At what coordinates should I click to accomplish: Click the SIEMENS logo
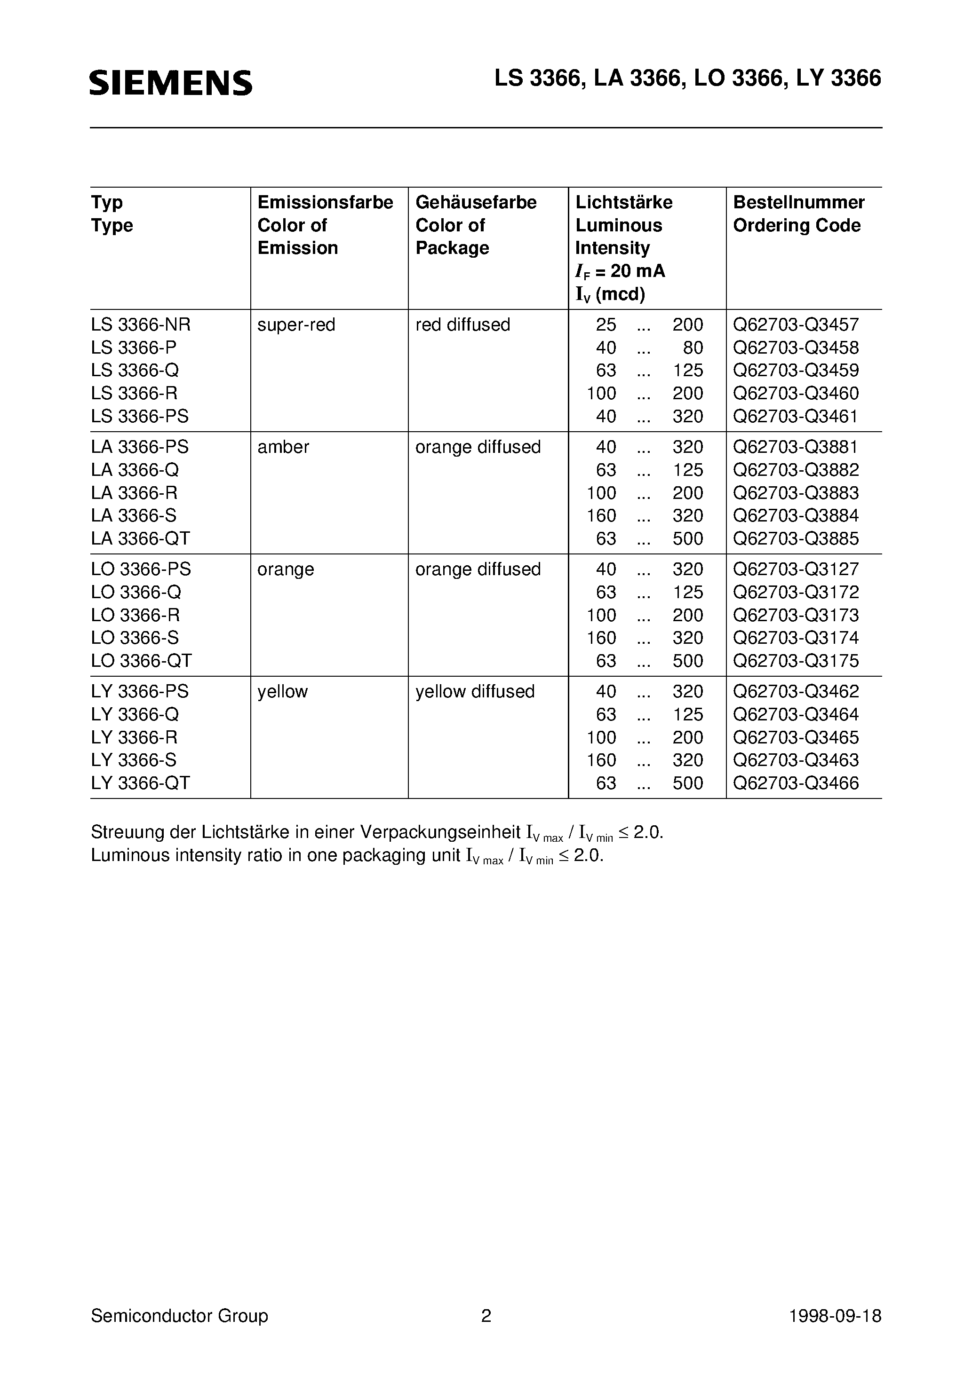[171, 83]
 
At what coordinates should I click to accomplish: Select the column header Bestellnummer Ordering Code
[798, 214]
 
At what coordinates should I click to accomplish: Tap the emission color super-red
[296, 324]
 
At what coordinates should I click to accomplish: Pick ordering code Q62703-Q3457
[796, 324]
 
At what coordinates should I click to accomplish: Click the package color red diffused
[462, 324]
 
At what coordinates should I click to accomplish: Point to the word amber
[283, 447]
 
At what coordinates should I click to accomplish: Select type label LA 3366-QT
[140, 538]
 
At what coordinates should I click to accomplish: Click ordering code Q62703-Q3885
[796, 538]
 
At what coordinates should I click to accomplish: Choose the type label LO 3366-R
[135, 615]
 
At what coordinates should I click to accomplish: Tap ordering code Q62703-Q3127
[796, 569]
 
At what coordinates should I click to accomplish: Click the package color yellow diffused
[475, 691]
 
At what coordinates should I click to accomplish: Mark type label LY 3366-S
[134, 760]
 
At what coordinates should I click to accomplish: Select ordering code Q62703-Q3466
[796, 782]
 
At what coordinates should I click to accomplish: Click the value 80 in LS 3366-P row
[692, 348]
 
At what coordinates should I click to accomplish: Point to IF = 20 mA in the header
[620, 271]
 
